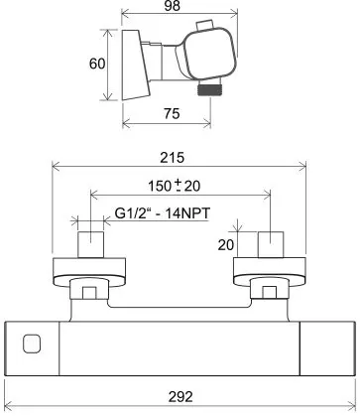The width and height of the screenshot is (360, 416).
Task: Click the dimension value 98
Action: click(172, 6)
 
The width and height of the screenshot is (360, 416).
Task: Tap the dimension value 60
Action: click(97, 64)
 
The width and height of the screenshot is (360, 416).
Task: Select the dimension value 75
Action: click(172, 114)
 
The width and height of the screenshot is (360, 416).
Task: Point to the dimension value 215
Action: click(172, 158)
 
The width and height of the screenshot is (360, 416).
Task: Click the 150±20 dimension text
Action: click(174, 186)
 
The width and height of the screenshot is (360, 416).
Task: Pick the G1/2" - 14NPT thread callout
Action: click(163, 213)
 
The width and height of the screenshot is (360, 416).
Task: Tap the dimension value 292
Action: click(180, 396)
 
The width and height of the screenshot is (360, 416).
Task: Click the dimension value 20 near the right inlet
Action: click(226, 245)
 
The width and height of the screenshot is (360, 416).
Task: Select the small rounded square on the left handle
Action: click(32, 344)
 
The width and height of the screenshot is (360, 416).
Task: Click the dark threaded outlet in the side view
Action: click(208, 90)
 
